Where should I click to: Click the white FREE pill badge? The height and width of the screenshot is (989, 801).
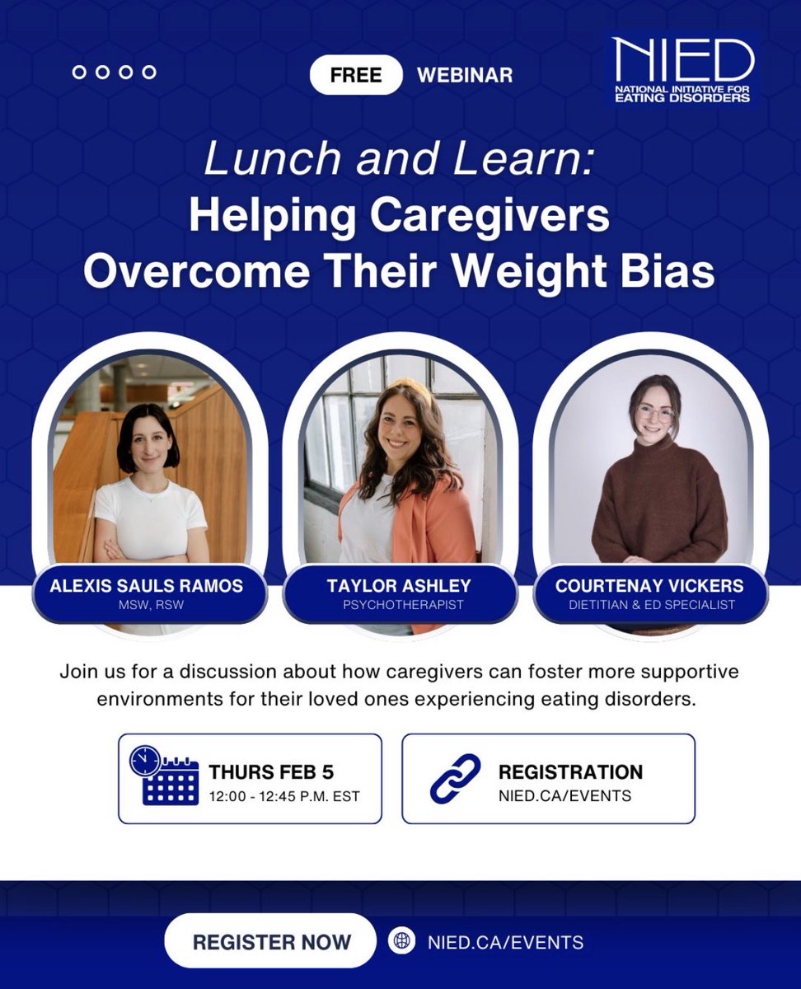(x=356, y=75)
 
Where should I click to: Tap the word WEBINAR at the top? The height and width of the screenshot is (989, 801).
(x=465, y=75)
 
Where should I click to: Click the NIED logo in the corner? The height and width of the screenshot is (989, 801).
(x=681, y=70)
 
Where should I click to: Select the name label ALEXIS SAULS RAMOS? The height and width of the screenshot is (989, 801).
(x=146, y=586)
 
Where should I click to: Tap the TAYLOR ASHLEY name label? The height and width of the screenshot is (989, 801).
(x=399, y=586)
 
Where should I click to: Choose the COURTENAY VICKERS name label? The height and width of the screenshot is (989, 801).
(x=649, y=586)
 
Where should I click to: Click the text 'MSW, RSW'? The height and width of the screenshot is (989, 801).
(x=146, y=606)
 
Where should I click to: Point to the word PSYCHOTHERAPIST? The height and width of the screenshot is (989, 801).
(x=399, y=606)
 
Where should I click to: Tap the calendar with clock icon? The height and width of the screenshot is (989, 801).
(x=165, y=776)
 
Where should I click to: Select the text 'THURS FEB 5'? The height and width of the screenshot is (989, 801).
(x=271, y=773)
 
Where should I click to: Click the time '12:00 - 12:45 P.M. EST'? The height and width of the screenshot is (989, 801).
(x=284, y=795)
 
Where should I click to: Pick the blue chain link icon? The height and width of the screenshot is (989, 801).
(x=456, y=778)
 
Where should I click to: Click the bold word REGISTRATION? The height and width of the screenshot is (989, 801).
(x=570, y=772)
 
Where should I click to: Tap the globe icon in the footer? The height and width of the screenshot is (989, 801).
(x=400, y=942)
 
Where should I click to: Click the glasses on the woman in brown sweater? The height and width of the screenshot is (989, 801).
(x=655, y=412)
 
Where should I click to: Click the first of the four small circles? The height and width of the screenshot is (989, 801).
(x=80, y=73)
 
